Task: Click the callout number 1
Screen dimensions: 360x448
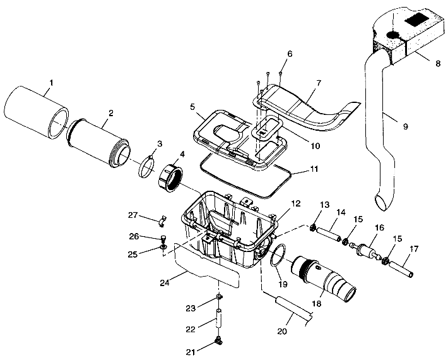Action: click(52, 83)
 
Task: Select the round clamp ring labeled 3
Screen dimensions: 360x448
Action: click(148, 165)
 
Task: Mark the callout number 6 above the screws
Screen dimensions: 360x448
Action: click(290, 54)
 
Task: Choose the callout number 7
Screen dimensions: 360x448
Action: click(319, 83)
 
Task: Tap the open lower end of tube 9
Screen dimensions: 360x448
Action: click(383, 202)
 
